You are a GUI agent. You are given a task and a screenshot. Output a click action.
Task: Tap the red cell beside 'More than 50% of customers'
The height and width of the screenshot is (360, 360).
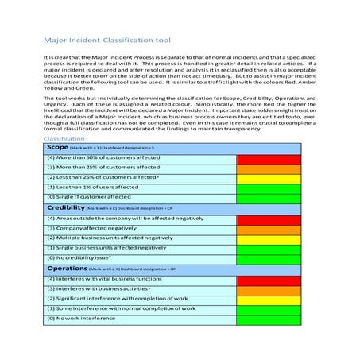click(x=269, y=158)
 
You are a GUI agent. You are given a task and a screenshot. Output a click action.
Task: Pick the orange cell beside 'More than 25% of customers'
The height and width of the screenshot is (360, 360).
click(x=269, y=168)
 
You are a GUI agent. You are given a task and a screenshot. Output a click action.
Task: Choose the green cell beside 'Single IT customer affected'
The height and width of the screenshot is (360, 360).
click(x=269, y=197)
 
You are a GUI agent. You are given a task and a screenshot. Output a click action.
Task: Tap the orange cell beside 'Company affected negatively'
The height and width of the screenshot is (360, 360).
click(x=269, y=228)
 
